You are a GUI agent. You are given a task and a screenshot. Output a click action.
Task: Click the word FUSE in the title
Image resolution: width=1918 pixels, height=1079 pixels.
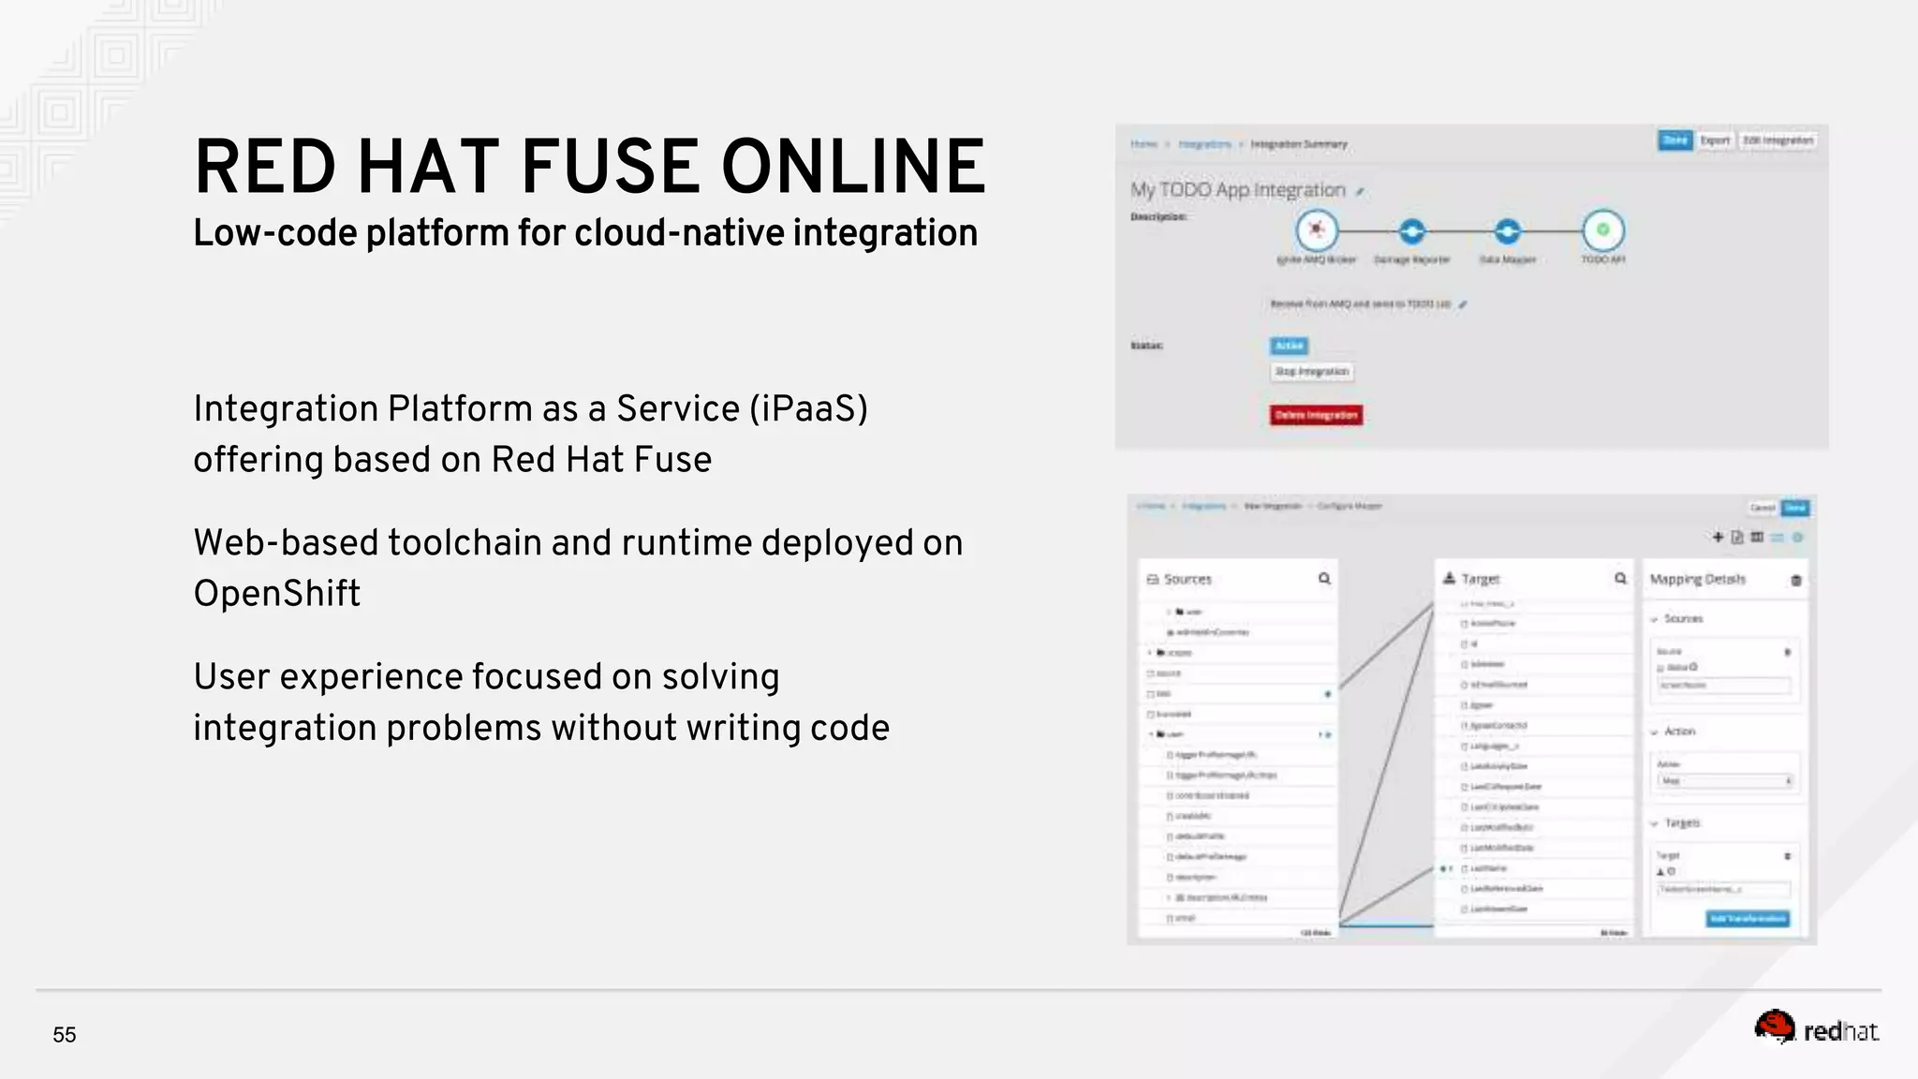pyautogui.click(x=610, y=167)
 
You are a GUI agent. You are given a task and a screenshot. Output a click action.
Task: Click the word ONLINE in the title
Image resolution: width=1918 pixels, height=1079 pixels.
pyautogui.click(x=853, y=167)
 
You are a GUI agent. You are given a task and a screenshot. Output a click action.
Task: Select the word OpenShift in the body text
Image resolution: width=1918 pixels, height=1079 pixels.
pyautogui.click(x=277, y=594)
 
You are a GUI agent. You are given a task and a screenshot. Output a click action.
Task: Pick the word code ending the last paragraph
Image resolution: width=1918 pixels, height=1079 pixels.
pyautogui.click(x=849, y=728)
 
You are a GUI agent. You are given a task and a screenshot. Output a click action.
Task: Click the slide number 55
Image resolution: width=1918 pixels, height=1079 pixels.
pyautogui.click(x=65, y=1035)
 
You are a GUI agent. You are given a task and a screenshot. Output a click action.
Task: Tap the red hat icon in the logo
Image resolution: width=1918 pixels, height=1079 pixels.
pyautogui.click(x=1774, y=1027)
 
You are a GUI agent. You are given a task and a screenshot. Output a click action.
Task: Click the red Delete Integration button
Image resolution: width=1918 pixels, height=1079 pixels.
pyautogui.click(x=1316, y=415)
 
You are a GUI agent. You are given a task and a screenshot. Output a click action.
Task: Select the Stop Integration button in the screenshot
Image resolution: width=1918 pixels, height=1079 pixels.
pyautogui.click(x=1312, y=372)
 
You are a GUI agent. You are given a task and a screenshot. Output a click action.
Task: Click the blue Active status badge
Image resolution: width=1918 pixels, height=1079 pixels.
pyautogui.click(x=1289, y=346)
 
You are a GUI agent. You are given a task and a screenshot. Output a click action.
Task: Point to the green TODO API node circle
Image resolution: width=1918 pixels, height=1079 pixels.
pyautogui.click(x=1602, y=229)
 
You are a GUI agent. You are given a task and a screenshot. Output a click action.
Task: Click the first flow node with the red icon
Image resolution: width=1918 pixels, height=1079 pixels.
pyautogui.click(x=1316, y=229)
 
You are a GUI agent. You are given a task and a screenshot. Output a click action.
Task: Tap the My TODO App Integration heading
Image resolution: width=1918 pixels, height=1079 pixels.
pyautogui.click(x=1237, y=190)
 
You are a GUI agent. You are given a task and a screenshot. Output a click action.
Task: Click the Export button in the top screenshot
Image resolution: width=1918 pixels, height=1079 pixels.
pyautogui.click(x=1715, y=140)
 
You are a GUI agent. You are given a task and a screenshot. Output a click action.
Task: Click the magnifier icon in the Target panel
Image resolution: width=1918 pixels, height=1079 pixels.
pyautogui.click(x=1620, y=579)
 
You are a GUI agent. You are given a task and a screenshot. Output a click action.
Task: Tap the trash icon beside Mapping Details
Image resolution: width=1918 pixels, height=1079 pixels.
pyautogui.click(x=1795, y=581)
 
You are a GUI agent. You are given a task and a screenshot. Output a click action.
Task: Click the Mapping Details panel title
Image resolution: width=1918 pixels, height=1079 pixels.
pyautogui.click(x=1697, y=580)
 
